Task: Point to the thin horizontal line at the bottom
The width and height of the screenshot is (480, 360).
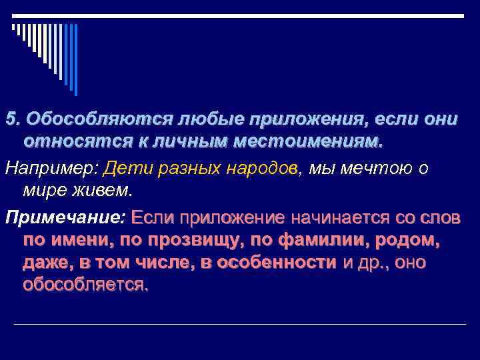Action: click(x=240, y=325)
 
